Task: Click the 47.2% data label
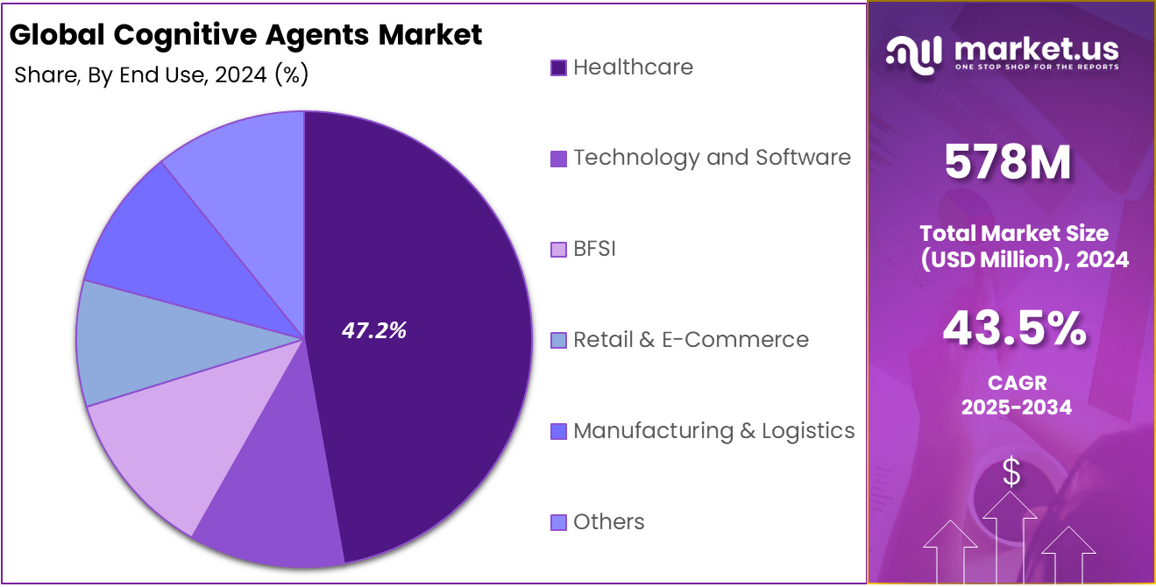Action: pos(373,330)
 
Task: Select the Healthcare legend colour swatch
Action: pos(558,68)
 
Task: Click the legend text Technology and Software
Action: pos(712,158)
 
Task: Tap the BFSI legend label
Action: pos(594,249)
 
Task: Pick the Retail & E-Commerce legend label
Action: pos(691,340)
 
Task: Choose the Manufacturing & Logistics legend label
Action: pos(713,431)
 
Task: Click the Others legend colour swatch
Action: pos(558,523)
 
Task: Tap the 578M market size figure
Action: pos(1008,164)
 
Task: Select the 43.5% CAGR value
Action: pos(1015,329)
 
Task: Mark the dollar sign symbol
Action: pos(1011,473)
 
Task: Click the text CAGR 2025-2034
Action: pos(1016,395)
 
